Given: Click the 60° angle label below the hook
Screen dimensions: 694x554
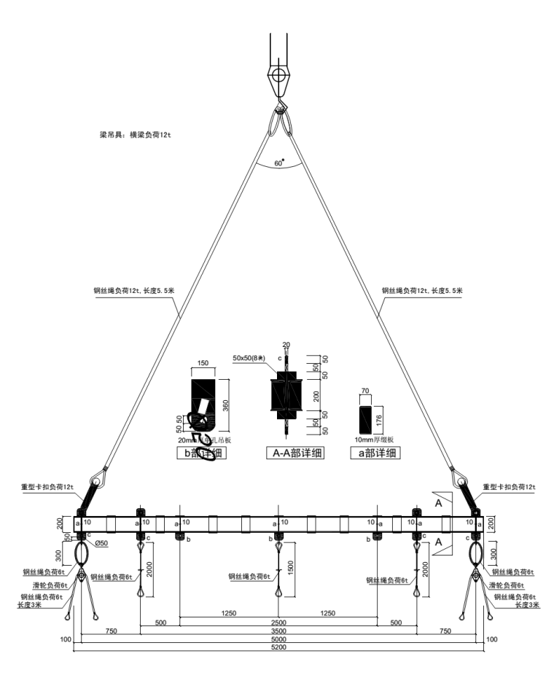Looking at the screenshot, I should click(x=278, y=164).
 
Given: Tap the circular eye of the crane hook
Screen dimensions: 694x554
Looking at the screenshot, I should click(x=278, y=74).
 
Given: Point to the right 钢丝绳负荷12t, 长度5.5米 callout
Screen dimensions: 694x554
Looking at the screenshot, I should click(x=422, y=291).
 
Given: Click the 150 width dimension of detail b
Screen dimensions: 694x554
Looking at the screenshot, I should click(x=203, y=362).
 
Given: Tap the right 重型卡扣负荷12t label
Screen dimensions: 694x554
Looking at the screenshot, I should click(x=509, y=487).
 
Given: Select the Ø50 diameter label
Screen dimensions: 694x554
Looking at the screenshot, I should click(x=103, y=543).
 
